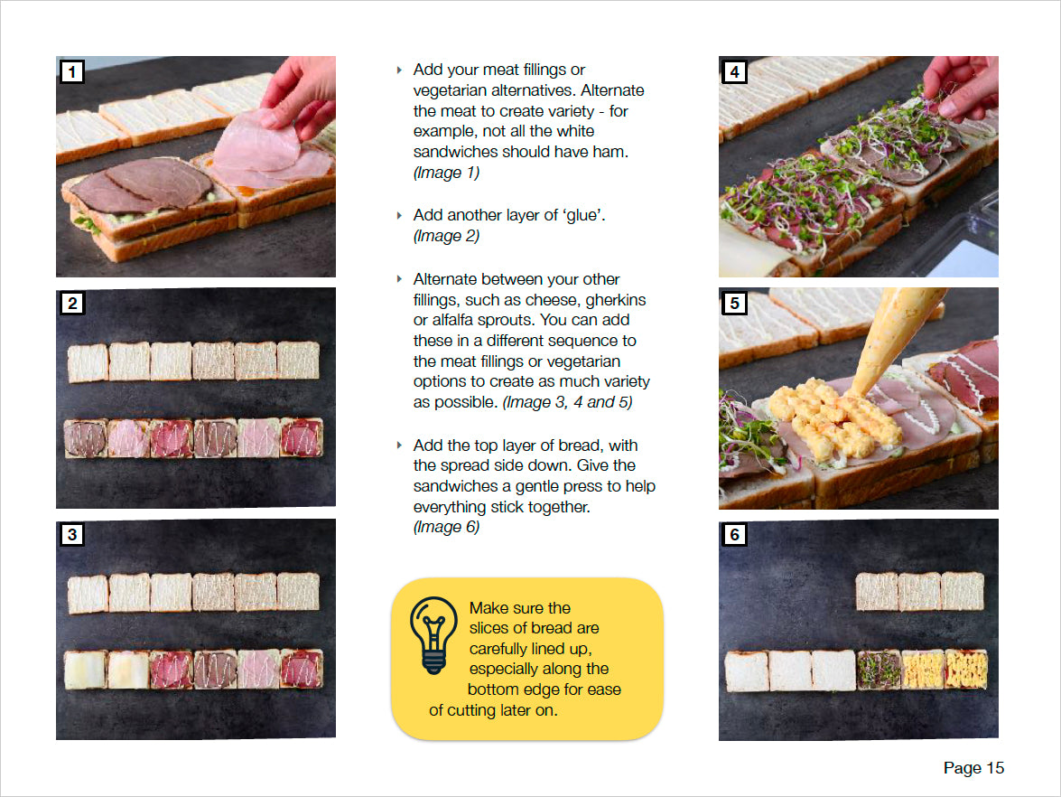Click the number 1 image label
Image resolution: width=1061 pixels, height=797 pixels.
(72, 72)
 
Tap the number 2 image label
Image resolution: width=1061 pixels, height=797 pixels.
(72, 304)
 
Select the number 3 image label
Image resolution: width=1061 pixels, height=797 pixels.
(72, 535)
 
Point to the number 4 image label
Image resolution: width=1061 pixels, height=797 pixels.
(735, 72)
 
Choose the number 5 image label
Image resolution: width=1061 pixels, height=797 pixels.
(735, 304)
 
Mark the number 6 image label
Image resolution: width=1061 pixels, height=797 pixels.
(735, 535)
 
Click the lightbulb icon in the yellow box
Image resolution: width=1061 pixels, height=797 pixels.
(433, 634)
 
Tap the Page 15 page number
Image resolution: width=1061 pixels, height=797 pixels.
(973, 768)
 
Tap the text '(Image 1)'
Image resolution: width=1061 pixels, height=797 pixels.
(446, 173)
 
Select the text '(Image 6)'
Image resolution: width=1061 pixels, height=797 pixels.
(446, 528)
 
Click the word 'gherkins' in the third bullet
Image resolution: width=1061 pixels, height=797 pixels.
(617, 299)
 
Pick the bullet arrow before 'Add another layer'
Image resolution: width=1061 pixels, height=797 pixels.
(399, 216)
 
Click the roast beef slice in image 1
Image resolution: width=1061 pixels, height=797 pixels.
(135, 187)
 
